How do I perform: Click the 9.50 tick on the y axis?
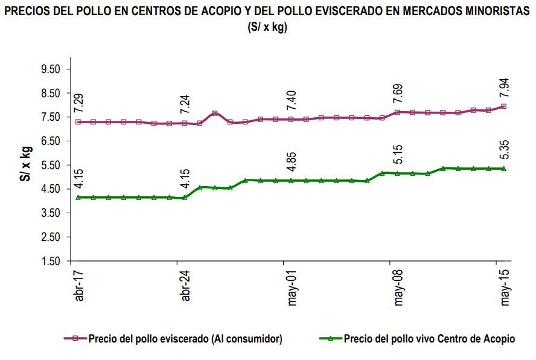click(x=52, y=69)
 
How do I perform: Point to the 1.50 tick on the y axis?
click(x=52, y=262)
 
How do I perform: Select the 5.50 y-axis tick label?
click(x=52, y=166)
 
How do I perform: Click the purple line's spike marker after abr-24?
click(x=215, y=114)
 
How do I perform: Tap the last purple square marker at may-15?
click(x=503, y=106)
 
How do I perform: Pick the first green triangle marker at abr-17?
click(x=78, y=198)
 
